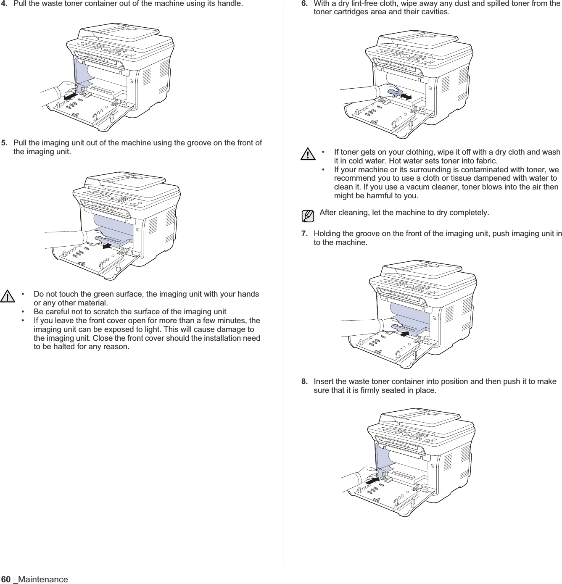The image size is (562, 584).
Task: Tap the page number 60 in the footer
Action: pyautogui.click(x=6, y=579)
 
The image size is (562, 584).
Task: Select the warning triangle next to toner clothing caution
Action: pyautogui.click(x=309, y=154)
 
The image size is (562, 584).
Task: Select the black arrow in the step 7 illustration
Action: pyautogui.click(x=404, y=334)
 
